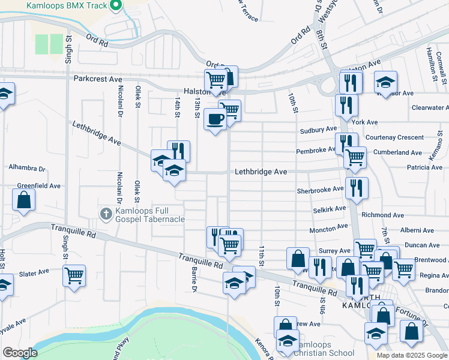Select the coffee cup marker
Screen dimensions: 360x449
(x=215, y=119)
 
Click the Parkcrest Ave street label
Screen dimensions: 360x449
(x=98, y=79)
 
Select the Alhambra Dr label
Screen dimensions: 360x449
(x=27, y=168)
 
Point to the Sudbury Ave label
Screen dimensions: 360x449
(x=319, y=130)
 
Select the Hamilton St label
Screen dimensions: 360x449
(x=430, y=62)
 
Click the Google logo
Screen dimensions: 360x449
(x=20, y=353)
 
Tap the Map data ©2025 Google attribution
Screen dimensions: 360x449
(x=411, y=355)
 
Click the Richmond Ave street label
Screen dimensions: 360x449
(x=383, y=215)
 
